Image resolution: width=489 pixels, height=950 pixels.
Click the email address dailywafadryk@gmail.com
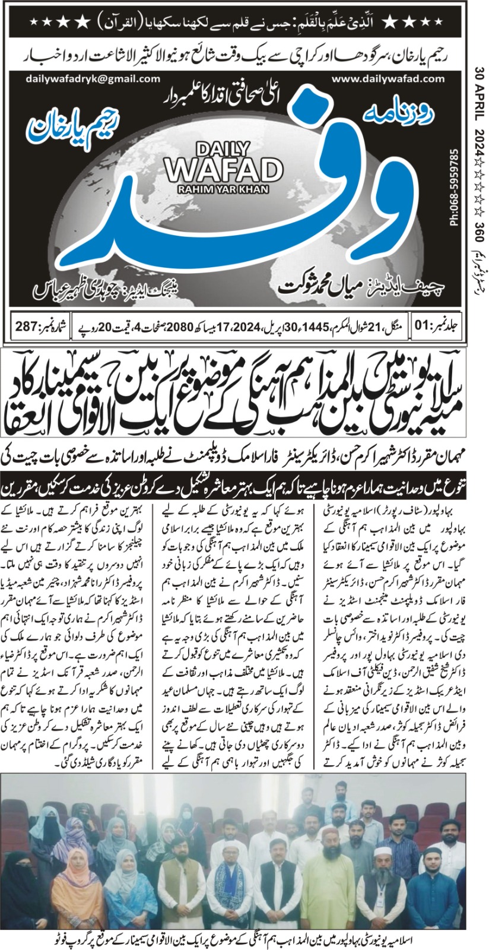(93, 78)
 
